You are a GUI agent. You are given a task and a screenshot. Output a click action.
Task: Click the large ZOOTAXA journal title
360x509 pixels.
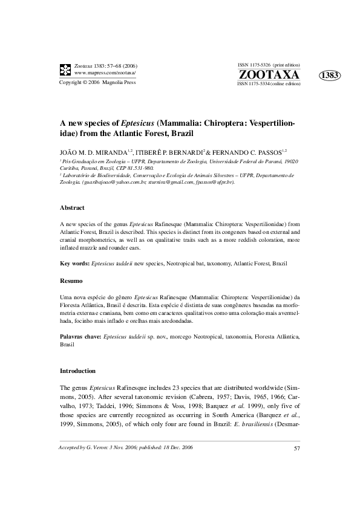tap(269, 74)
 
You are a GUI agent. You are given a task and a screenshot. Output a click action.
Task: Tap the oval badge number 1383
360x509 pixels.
tap(330, 75)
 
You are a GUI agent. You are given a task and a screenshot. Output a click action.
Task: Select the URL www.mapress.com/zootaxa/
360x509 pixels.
tap(105, 73)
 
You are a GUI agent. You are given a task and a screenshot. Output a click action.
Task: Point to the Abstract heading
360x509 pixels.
tap(72, 207)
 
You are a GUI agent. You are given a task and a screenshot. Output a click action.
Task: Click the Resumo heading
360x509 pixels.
tap(71, 281)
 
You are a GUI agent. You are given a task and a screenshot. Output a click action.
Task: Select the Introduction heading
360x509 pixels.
tap(77, 370)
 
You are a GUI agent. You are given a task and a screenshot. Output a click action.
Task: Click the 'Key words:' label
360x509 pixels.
tap(74, 264)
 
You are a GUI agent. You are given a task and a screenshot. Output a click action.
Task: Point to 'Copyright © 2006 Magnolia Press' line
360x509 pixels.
tap(96, 82)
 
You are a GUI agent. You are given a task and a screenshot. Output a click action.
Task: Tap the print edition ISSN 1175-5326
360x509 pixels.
tap(254, 64)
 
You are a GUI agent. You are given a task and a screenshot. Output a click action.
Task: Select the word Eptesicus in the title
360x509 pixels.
tap(135, 122)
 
